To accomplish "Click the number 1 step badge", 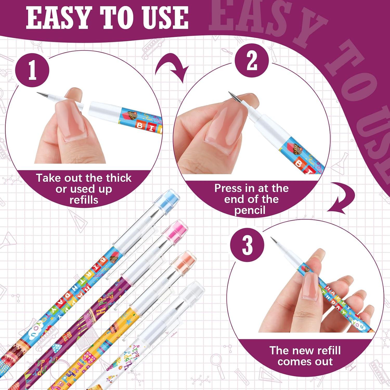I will click(32, 70).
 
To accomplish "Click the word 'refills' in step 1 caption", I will click(84, 200).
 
